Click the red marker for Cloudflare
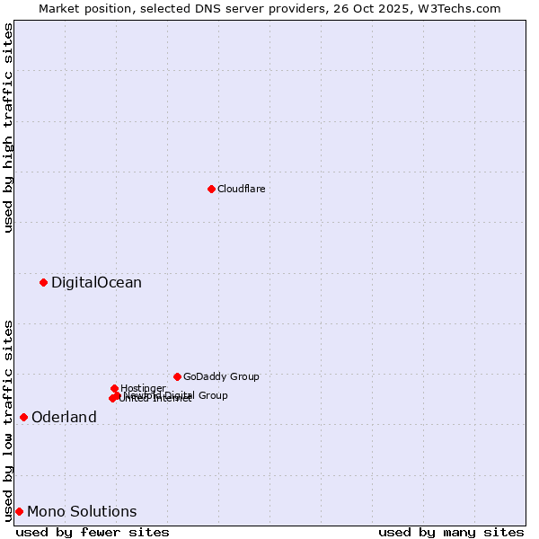tap(211, 189)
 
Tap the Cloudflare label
tap(241, 189)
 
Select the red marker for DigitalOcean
tap(43, 282)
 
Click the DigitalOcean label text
tap(96, 283)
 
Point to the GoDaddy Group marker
tap(177, 376)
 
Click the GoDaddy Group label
tap(221, 377)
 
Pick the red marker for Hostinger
tap(114, 388)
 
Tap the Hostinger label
tap(143, 388)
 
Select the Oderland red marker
tap(23, 417)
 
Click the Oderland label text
tap(64, 418)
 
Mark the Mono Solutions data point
tap(19, 511)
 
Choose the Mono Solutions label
tap(82, 512)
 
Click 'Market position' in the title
tap(78, 8)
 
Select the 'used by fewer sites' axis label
tap(93, 532)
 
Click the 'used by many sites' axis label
tap(451, 532)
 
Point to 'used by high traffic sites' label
tap(8, 128)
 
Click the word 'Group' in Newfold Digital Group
tap(213, 395)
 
